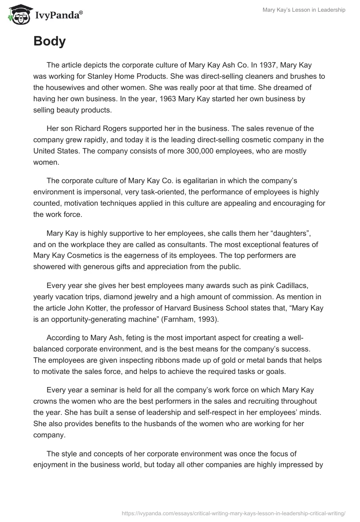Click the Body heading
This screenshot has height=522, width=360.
[49, 41]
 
